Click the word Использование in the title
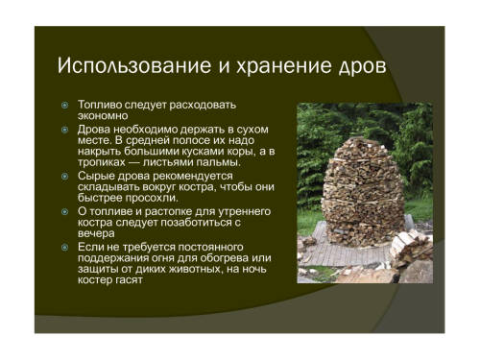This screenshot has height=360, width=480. click(x=134, y=66)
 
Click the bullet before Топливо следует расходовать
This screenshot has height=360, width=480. click(x=65, y=105)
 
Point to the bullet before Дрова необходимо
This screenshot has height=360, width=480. click(x=65, y=130)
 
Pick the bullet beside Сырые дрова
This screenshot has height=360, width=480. click(x=65, y=176)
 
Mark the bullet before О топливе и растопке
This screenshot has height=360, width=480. click(x=65, y=211)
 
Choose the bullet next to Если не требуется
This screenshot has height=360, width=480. click(x=65, y=247)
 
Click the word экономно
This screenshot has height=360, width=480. click(x=103, y=116)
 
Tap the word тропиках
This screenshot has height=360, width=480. click(x=102, y=162)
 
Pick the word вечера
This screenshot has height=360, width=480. click(x=96, y=233)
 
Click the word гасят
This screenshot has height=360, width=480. click(x=129, y=280)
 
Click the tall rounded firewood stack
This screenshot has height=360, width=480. click(x=363, y=191)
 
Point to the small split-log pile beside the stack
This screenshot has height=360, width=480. click(x=411, y=249)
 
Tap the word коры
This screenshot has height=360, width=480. click(x=242, y=152)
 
